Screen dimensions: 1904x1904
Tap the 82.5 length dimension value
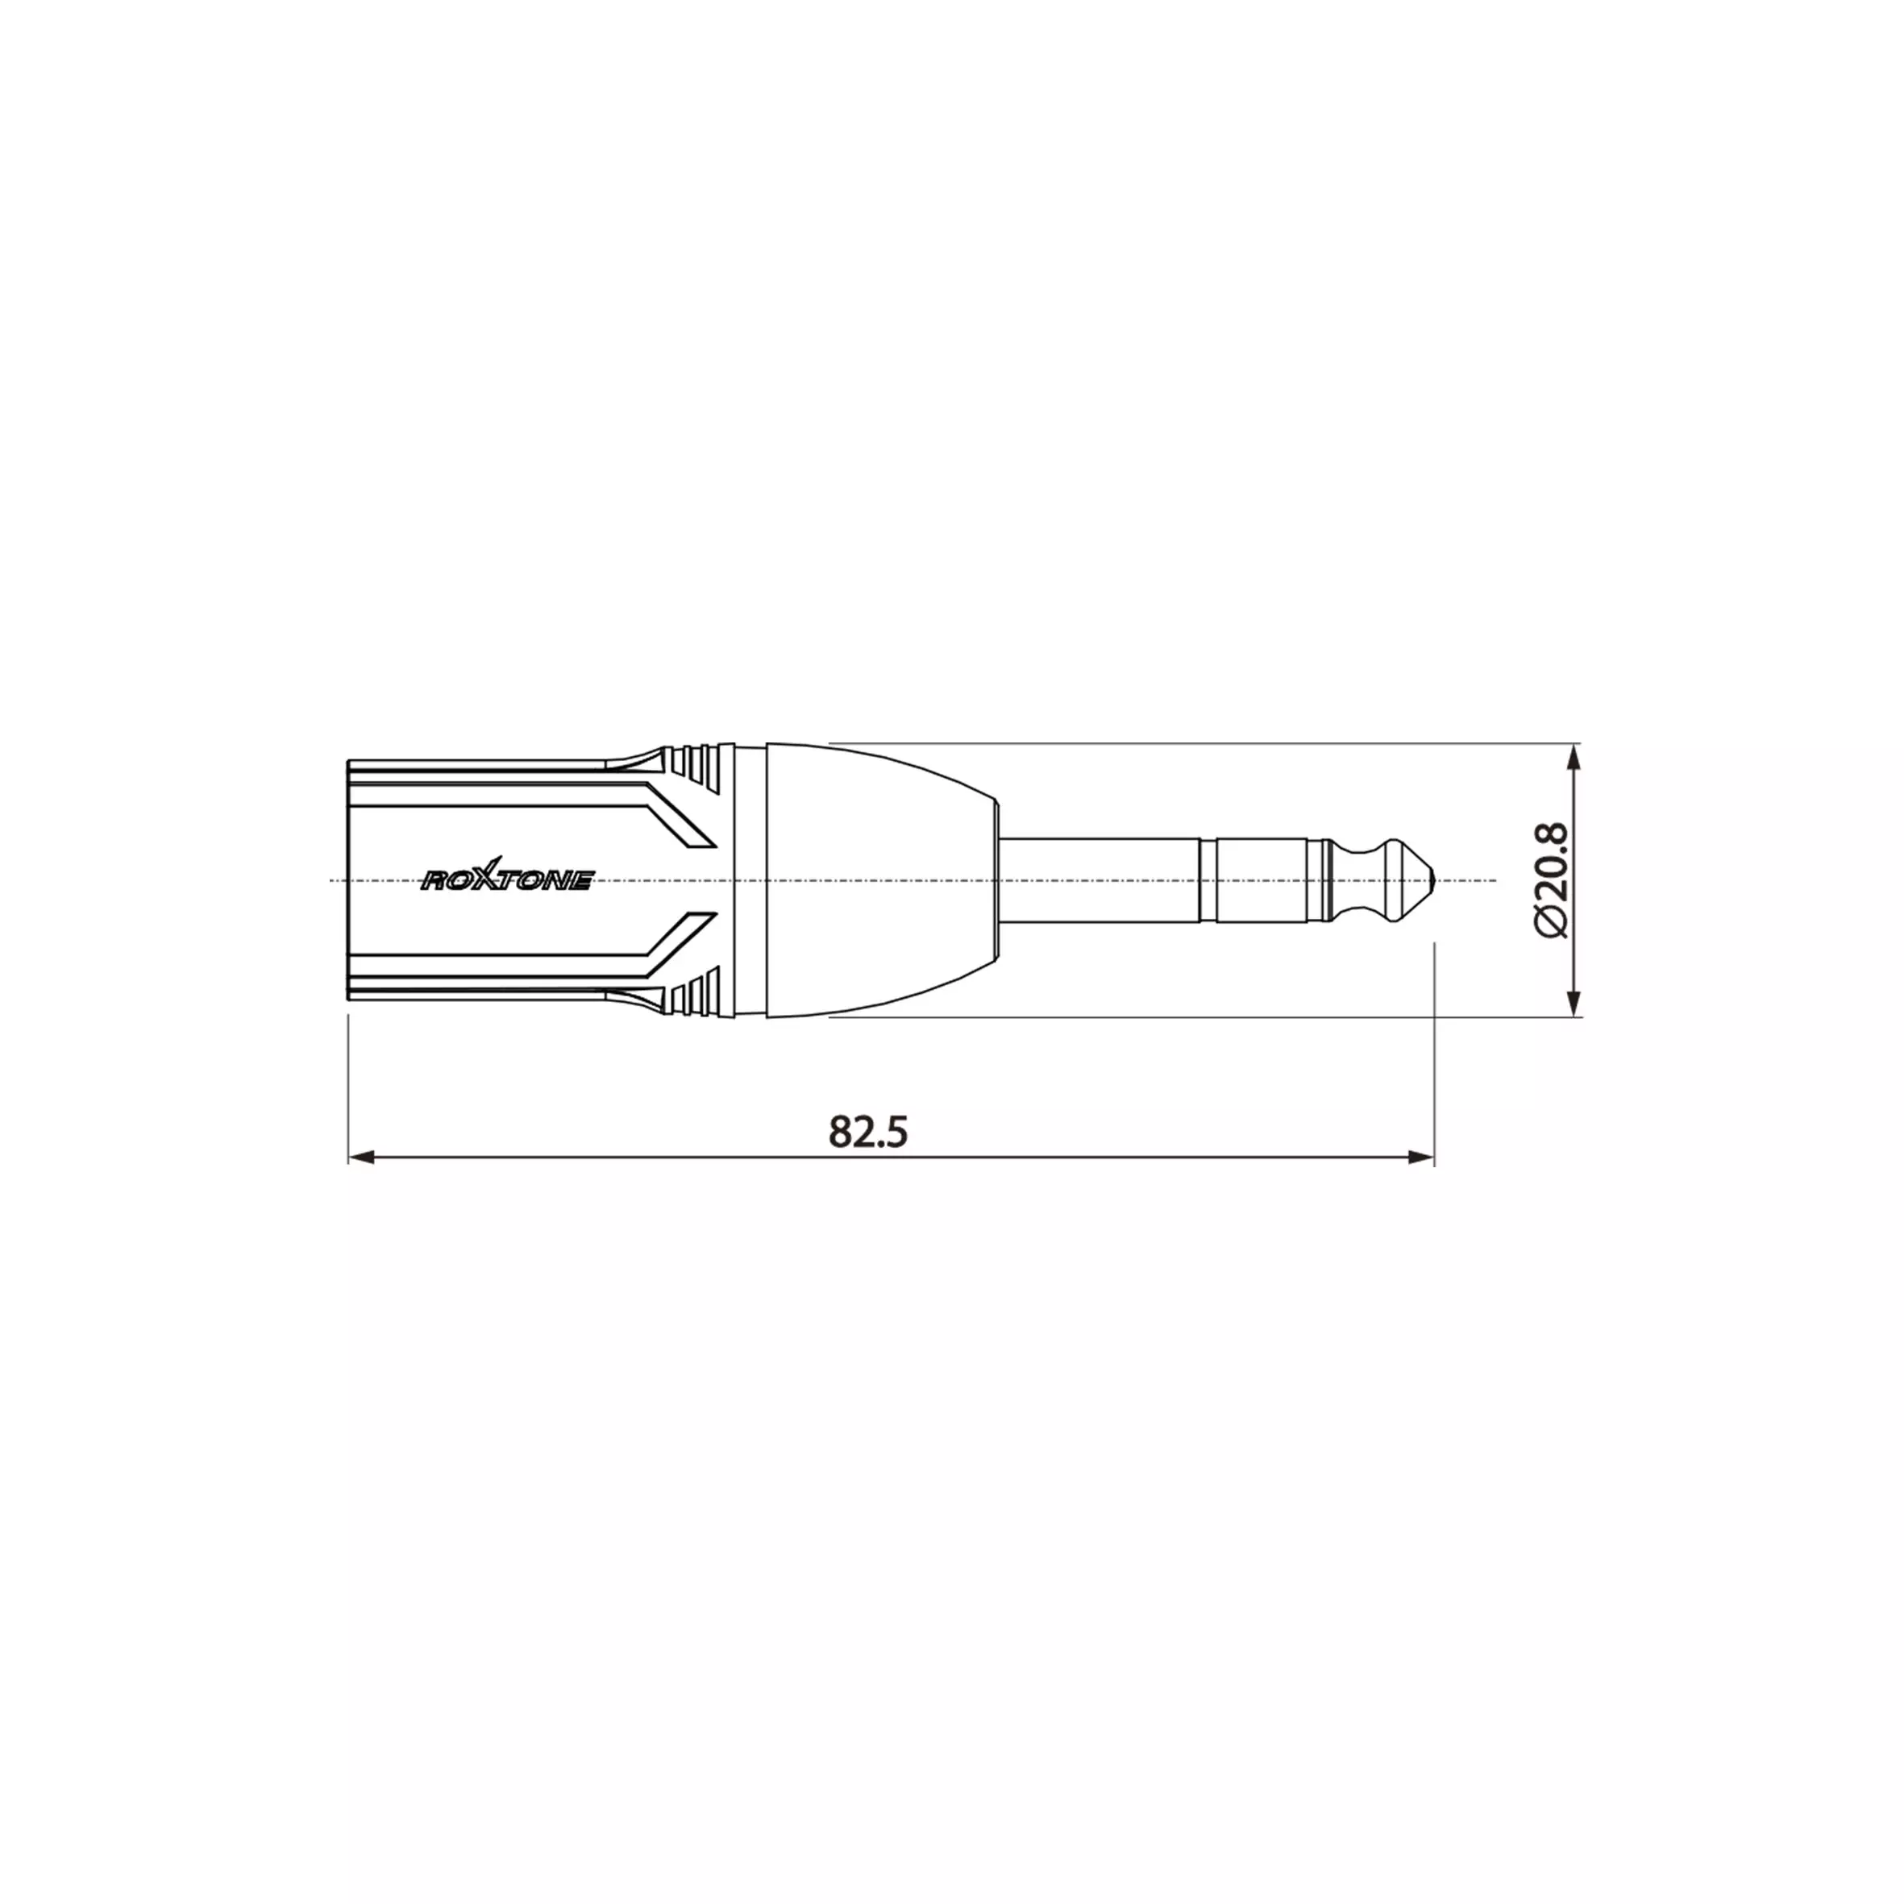click(867, 1133)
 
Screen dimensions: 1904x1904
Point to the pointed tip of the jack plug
click(1440, 880)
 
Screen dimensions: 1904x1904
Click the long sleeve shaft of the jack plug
click(1101, 880)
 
